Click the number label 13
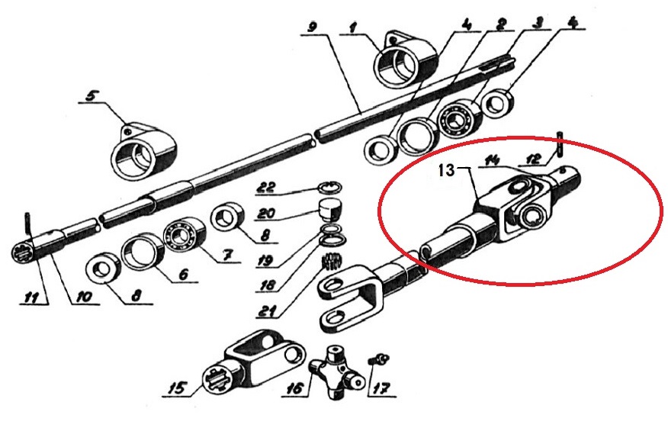tap(446, 171)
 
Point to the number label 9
tap(313, 28)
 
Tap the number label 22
tap(267, 188)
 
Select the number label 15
tap(177, 388)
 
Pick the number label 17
tap(382, 388)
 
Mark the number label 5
tap(91, 95)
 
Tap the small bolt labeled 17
tap(378, 359)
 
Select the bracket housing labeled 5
tap(143, 151)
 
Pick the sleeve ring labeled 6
tap(143, 256)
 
